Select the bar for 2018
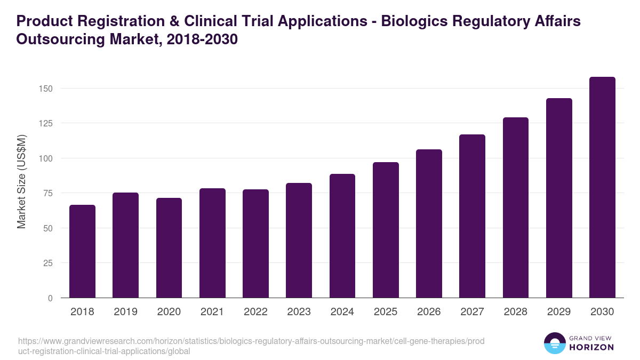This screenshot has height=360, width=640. coord(82,251)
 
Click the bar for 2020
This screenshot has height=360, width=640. coord(169,248)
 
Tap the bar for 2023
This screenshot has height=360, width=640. coord(299,241)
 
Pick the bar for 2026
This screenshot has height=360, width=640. coord(429,223)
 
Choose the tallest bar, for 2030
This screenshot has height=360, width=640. coord(602,187)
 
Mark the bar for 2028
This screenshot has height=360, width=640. coord(516,207)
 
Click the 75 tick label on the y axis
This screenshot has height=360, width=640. coord(48,193)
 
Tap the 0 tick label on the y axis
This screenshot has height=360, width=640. coord(50,298)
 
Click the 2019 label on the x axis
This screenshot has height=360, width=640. coord(125,312)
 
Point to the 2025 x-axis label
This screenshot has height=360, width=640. coord(386,312)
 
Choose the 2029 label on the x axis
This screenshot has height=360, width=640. coord(559,312)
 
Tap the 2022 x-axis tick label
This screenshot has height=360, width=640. coord(255,312)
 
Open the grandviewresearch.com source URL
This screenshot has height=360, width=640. coord(251,346)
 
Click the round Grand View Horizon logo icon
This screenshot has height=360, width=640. coord(554,343)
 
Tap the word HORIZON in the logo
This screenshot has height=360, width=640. coord(591,347)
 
